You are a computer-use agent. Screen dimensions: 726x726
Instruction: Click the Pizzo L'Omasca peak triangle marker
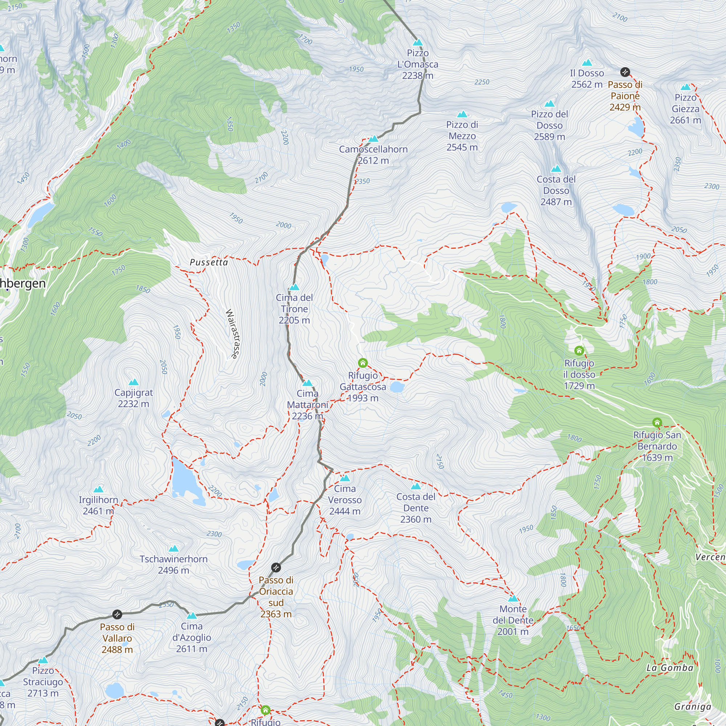417,42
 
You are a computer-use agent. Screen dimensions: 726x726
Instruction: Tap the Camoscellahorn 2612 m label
373,155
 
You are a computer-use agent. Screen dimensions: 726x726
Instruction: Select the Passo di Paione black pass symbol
625,72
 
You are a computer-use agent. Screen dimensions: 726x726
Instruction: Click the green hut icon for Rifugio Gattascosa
363,363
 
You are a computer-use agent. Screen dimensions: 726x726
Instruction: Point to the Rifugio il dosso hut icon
579,351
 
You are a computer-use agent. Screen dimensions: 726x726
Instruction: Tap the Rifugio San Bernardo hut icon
657,423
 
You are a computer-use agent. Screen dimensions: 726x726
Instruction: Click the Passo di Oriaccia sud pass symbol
276,567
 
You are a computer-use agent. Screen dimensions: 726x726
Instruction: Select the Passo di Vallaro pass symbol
117,615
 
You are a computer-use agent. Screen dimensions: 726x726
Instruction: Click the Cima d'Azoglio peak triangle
192,616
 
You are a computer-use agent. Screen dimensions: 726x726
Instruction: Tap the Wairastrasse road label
233,334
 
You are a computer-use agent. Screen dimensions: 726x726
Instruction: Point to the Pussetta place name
209,262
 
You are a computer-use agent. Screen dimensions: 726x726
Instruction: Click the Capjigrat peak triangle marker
133,382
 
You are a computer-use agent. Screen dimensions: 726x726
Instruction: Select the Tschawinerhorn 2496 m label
173,564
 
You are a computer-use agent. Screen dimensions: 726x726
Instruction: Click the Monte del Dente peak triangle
513,599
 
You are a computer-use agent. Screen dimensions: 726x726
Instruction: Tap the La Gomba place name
670,668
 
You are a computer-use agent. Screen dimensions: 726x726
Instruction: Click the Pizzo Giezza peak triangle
685,87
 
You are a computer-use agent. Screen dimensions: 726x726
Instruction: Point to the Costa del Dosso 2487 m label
556,190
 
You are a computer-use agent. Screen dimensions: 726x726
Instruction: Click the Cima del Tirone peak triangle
294,287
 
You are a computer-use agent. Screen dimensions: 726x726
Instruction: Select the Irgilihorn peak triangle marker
98,489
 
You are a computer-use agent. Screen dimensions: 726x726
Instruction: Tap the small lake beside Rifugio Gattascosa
397,387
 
